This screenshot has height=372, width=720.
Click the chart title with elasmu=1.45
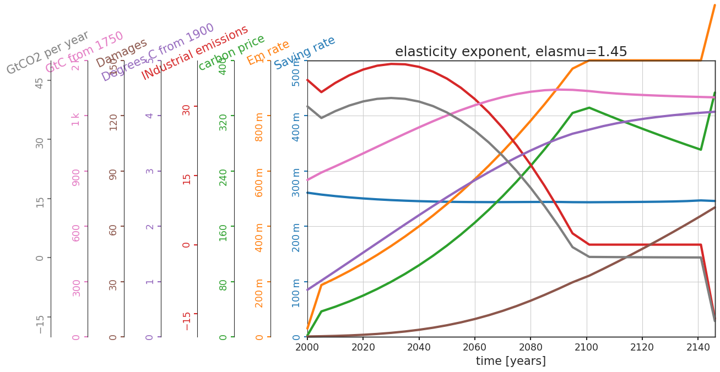pos(511,52)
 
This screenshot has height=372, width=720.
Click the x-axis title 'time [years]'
pos(511,361)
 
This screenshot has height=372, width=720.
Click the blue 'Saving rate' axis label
pos(305,52)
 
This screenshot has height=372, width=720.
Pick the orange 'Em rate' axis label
pos(268,52)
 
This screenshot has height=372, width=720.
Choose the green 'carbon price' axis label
pos(231,52)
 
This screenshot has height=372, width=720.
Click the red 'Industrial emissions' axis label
pos(194,52)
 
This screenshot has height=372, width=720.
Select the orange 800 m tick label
pos(259,127)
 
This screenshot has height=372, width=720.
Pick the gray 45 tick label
pos(40,81)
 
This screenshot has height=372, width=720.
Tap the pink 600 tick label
pos(76,232)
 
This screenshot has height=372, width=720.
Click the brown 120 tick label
pos(113,122)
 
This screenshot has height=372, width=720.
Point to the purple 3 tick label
pos(149,171)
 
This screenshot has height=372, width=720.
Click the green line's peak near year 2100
pos(589,107)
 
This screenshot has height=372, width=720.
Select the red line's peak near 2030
pos(392,64)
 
